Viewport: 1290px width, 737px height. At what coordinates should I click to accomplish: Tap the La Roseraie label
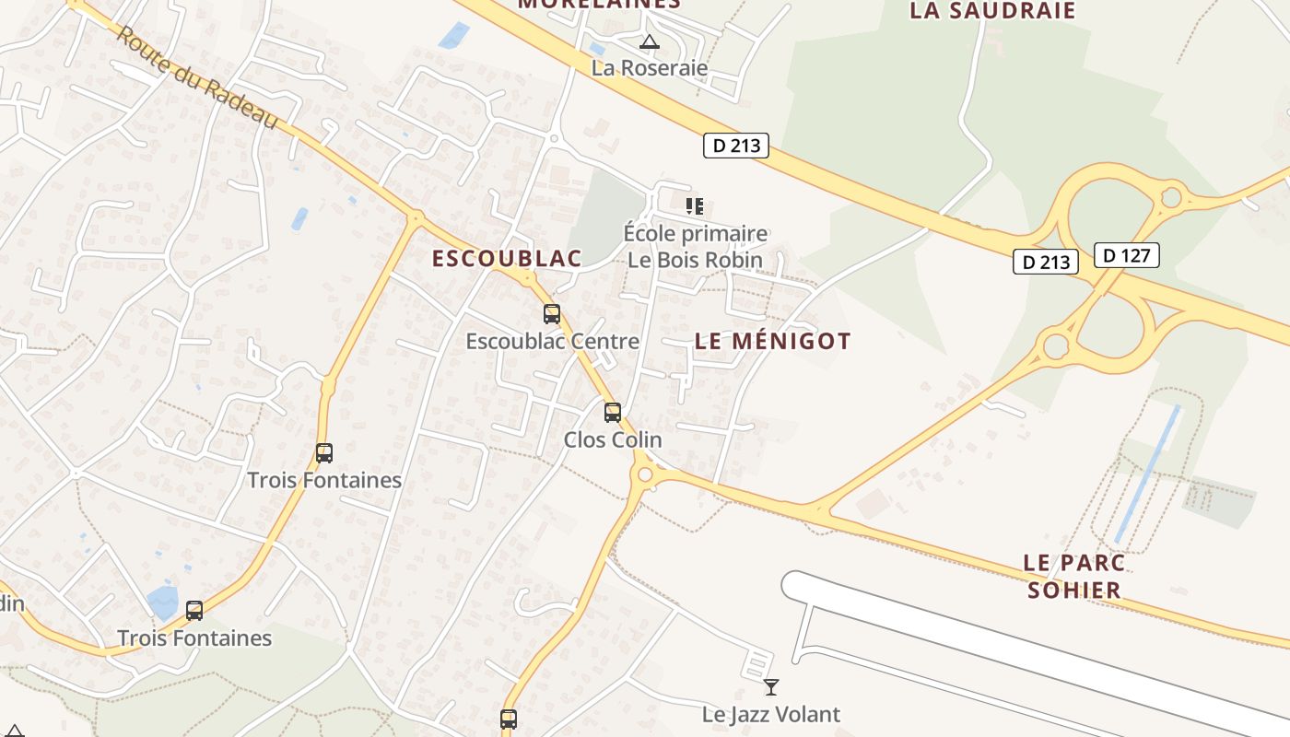coord(650,67)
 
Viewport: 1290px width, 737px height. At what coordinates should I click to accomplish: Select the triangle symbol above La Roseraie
coord(650,41)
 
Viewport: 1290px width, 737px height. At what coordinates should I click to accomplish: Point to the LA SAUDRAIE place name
coord(992,11)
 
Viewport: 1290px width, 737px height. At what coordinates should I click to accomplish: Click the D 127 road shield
coord(1126,255)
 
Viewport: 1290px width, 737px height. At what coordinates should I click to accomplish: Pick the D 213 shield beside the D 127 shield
coord(1046,262)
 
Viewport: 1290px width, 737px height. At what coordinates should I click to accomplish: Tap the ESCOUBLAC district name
coord(507,259)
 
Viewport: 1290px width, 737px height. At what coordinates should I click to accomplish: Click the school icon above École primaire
coord(695,205)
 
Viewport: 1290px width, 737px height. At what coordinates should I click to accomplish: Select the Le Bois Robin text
coord(695,260)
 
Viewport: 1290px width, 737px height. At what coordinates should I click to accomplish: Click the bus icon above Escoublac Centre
coord(552,314)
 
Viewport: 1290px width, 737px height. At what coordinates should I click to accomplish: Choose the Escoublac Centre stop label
coord(552,341)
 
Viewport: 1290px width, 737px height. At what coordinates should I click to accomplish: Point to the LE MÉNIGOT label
coord(772,341)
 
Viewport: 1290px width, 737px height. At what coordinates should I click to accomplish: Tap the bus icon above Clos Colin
coord(613,413)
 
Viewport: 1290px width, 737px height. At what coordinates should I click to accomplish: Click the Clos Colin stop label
coord(613,439)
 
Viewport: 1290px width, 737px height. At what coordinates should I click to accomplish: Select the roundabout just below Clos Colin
coord(645,476)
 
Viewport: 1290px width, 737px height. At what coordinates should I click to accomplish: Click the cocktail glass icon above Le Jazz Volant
coord(771,686)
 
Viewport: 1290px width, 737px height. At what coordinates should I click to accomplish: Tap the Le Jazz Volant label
coord(771,714)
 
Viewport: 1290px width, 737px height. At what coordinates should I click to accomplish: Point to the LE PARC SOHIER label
coord(1074,576)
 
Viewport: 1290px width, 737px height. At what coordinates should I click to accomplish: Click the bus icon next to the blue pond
coord(194,610)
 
